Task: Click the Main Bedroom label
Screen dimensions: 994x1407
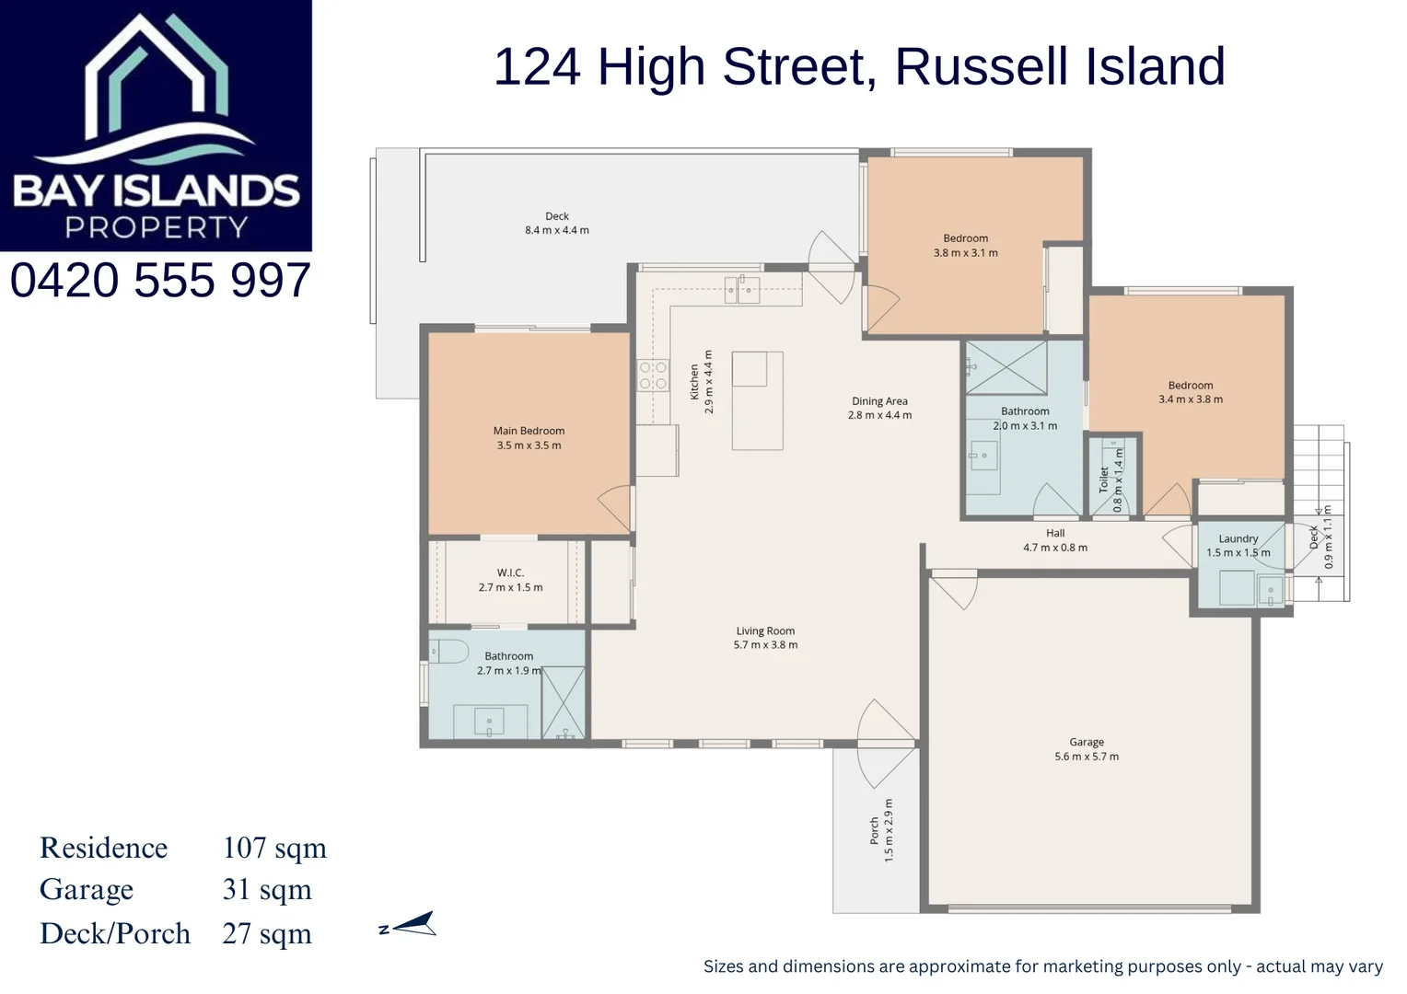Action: click(529, 431)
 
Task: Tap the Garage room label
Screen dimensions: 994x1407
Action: click(1087, 742)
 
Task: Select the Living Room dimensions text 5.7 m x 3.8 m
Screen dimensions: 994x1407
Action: click(765, 645)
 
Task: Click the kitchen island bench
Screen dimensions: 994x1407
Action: click(758, 400)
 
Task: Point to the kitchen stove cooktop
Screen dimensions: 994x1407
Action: click(653, 376)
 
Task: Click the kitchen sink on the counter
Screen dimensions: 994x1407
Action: click(741, 291)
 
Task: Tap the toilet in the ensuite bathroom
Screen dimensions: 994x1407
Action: click(449, 652)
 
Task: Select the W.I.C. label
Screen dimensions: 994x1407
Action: click(510, 572)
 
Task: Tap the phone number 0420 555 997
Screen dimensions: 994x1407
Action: click(160, 281)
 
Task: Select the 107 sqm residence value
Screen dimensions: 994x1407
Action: click(274, 848)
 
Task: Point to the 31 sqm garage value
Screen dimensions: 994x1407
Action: click(267, 890)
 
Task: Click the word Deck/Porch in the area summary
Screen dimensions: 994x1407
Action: click(115, 933)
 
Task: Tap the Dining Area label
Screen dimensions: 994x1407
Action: click(879, 401)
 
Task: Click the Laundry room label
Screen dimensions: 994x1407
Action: click(1238, 539)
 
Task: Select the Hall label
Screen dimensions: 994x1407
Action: click(1055, 533)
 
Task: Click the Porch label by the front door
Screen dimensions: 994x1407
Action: click(874, 830)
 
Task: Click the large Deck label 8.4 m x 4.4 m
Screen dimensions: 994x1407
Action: click(557, 223)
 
